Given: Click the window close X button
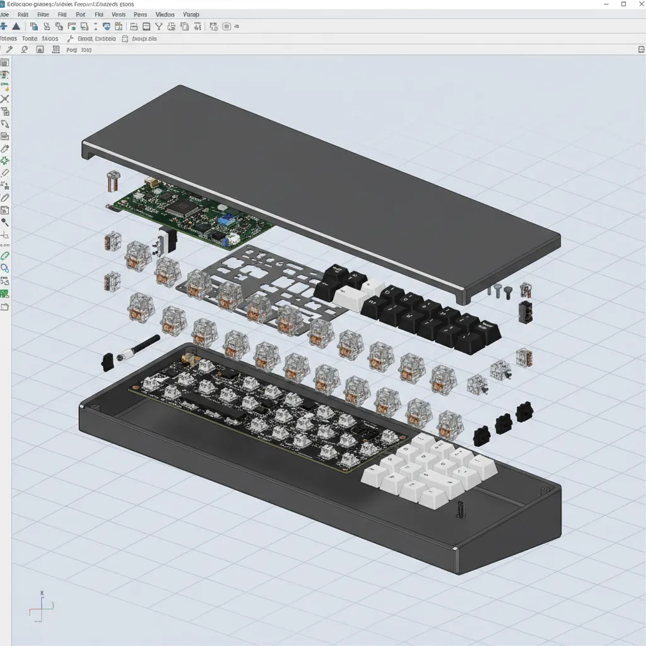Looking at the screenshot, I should coord(639,4).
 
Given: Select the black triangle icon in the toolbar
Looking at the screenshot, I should coord(16,26).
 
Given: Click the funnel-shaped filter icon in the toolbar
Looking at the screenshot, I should coord(159,26).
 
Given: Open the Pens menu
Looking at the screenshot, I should coord(140,14).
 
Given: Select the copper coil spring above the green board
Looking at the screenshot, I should coord(114,182).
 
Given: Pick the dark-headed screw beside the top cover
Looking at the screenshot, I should coord(507,291).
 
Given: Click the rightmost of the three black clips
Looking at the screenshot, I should coord(524,412).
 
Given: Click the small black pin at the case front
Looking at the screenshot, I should coord(461,510).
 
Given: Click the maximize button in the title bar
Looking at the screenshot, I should coord(623,4).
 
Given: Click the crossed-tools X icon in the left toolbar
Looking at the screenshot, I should coord(5,100).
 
